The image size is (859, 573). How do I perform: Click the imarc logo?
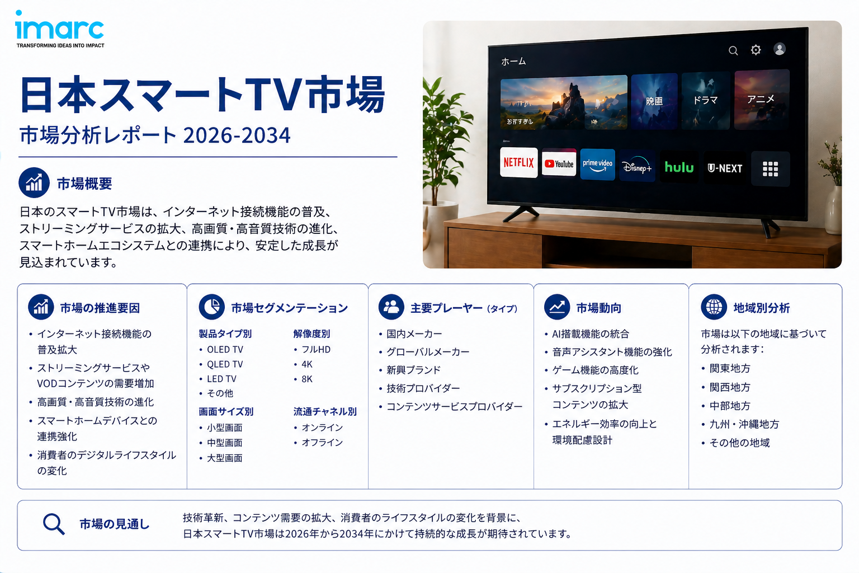click(x=59, y=29)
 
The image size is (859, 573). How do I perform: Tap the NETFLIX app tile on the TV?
click(x=518, y=162)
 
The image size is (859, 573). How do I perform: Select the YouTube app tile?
click(x=559, y=163)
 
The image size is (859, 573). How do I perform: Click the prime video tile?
click(x=597, y=165)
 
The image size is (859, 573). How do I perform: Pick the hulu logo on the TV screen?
click(x=679, y=167)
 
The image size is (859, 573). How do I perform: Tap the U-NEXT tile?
click(x=725, y=168)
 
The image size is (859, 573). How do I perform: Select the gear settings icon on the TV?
click(x=756, y=50)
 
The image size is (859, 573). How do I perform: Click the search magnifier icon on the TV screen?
click(x=733, y=51)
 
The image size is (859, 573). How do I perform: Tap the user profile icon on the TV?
click(x=780, y=49)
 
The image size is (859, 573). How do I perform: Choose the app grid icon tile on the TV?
click(x=770, y=169)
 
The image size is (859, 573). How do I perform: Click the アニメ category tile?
click(x=761, y=99)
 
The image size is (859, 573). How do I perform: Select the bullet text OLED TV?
click(x=225, y=350)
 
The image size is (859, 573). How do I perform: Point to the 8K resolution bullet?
click(x=307, y=379)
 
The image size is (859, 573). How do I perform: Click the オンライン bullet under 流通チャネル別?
click(x=322, y=428)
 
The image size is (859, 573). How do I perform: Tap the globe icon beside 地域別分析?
click(x=714, y=307)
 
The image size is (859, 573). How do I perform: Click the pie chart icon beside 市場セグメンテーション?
click(x=211, y=307)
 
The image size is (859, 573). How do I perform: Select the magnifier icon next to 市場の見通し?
click(x=54, y=524)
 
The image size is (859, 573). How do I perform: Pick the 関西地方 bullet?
click(x=730, y=387)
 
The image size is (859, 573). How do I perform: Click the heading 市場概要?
click(x=84, y=184)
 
